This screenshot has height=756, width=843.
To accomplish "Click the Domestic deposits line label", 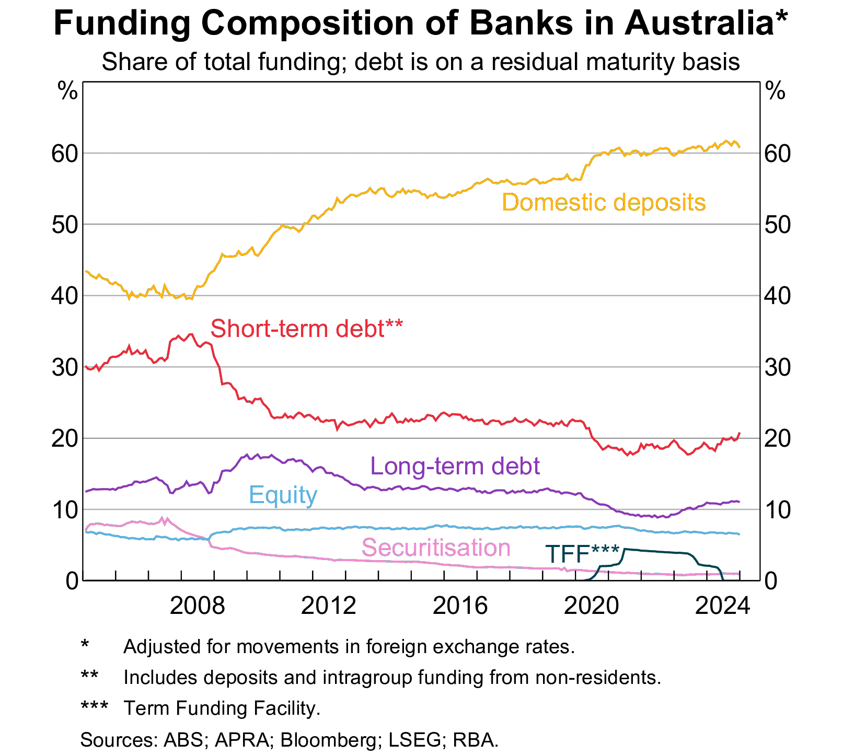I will point(604,202).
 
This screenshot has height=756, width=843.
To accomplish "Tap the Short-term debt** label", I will point(306,329).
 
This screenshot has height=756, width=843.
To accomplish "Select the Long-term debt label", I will point(455,466).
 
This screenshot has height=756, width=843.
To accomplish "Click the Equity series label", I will point(283,495).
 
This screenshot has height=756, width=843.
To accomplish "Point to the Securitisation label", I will point(436,548).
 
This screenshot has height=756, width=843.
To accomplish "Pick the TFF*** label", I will point(582,554).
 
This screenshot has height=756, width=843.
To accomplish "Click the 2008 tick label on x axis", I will point(198,606).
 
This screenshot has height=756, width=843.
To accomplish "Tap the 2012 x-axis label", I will point(329,606).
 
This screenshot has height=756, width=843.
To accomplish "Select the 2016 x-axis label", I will point(460,606).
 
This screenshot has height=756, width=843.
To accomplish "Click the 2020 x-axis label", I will point(592,606).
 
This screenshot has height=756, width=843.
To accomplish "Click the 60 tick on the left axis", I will point(65,154).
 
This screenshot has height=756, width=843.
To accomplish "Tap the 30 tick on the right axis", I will point(778,367).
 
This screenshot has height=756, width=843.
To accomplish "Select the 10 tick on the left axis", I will point(65,510).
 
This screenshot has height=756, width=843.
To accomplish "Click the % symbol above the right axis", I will point(775,92).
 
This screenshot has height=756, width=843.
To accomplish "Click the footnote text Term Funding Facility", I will point(222,708).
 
